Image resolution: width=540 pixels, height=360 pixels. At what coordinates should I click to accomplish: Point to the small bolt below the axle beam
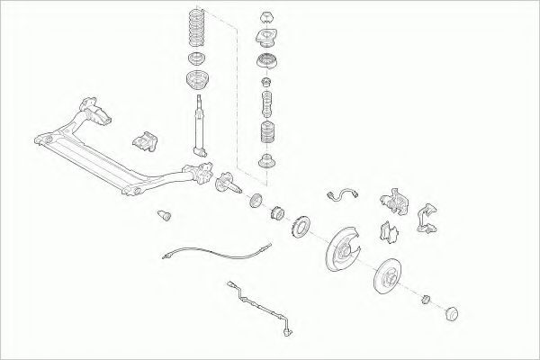pyautogui.click(x=163, y=213)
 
